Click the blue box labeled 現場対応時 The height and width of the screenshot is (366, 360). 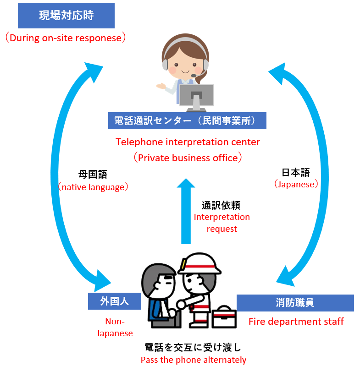(66, 16)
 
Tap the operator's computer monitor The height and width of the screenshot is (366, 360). (196, 96)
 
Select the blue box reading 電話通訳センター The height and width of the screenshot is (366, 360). (187, 120)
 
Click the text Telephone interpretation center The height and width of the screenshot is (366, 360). (188, 142)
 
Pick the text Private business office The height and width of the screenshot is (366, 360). (188, 158)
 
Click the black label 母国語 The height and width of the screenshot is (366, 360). (93, 175)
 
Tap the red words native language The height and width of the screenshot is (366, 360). (93, 187)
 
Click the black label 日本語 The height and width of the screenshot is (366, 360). (295, 172)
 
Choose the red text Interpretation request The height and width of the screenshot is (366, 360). (222, 222)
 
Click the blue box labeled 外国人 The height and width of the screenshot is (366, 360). (114, 301)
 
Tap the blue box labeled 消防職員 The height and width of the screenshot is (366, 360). (295, 303)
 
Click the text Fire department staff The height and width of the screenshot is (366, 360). (296, 321)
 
